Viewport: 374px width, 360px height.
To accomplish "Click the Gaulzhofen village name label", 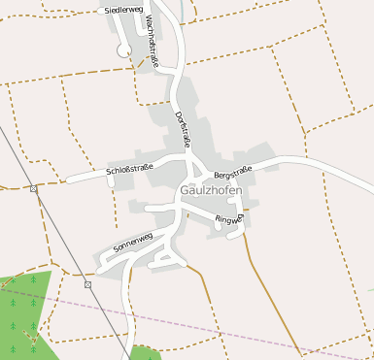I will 211,191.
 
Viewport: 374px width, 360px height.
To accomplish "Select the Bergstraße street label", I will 233,172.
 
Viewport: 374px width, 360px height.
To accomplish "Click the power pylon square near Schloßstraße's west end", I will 33,188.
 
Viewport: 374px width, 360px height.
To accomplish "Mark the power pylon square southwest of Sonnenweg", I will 87,284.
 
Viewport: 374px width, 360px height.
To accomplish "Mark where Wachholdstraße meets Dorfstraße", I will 174,70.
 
